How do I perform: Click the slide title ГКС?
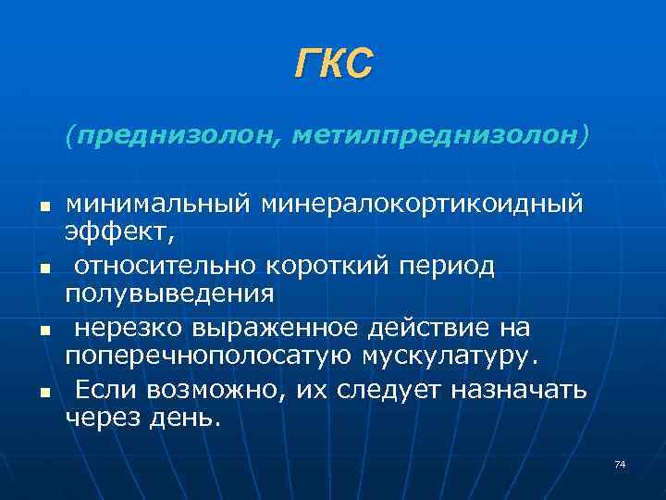click(x=333, y=64)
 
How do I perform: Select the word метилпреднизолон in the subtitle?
click(x=434, y=135)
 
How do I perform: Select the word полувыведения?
click(x=169, y=294)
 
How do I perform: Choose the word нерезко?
click(x=129, y=329)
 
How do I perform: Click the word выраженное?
click(x=271, y=329)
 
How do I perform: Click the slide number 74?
click(x=620, y=464)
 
